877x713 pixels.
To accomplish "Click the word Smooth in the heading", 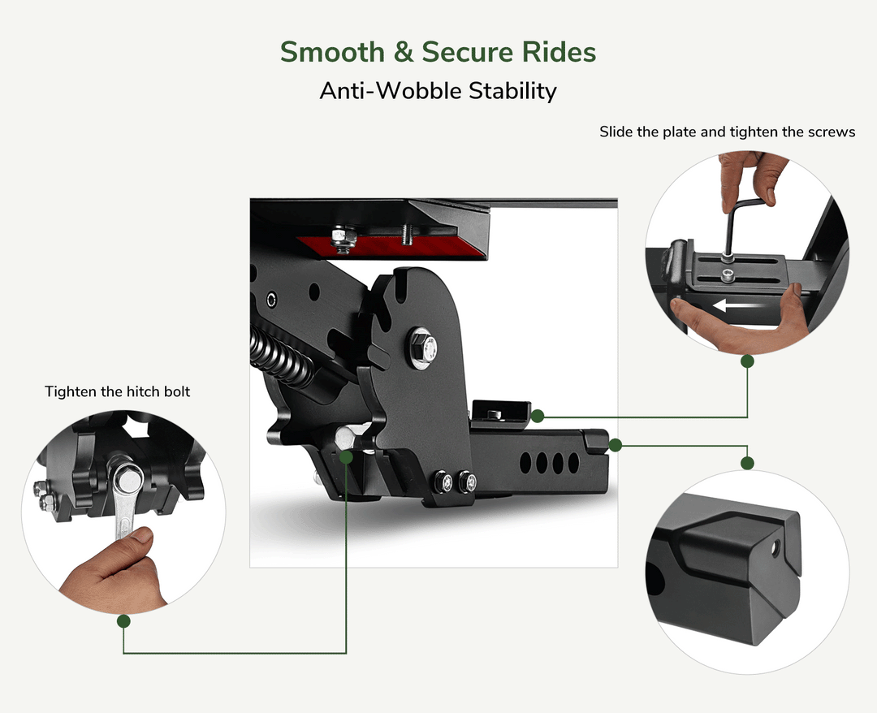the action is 332,52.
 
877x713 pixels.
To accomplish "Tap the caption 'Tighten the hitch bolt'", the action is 118,391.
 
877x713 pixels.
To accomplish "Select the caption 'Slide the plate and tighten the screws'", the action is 727,132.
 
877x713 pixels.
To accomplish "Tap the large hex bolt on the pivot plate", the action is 423,348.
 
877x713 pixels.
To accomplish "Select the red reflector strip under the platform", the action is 391,247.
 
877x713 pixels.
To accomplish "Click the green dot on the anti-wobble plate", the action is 538,416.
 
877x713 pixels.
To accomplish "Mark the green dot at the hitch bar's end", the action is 616,445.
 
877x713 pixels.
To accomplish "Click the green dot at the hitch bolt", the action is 346,457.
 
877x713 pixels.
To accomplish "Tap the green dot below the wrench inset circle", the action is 123,620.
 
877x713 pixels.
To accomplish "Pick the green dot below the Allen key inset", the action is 747,361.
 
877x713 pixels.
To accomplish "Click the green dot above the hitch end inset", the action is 747,463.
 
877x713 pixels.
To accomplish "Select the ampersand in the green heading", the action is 404,52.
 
